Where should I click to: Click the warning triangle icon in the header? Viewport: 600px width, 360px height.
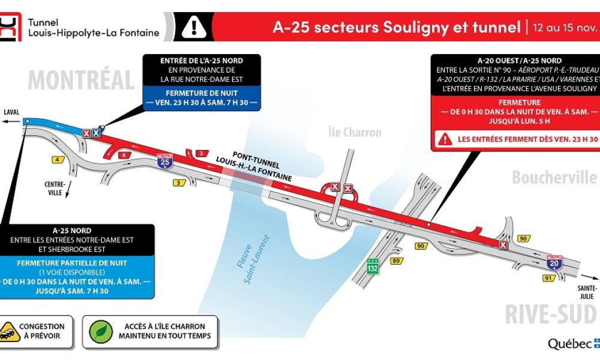click(x=194, y=26)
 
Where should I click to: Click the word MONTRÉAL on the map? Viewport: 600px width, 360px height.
click(x=82, y=80)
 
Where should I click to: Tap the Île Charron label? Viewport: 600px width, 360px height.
click(x=355, y=132)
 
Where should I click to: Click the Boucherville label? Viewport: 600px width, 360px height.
click(x=554, y=178)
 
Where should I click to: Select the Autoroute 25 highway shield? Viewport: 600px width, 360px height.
click(x=163, y=160)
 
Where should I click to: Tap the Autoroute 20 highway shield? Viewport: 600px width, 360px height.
click(x=554, y=262)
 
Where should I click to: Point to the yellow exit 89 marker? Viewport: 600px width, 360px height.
click(x=395, y=260)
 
